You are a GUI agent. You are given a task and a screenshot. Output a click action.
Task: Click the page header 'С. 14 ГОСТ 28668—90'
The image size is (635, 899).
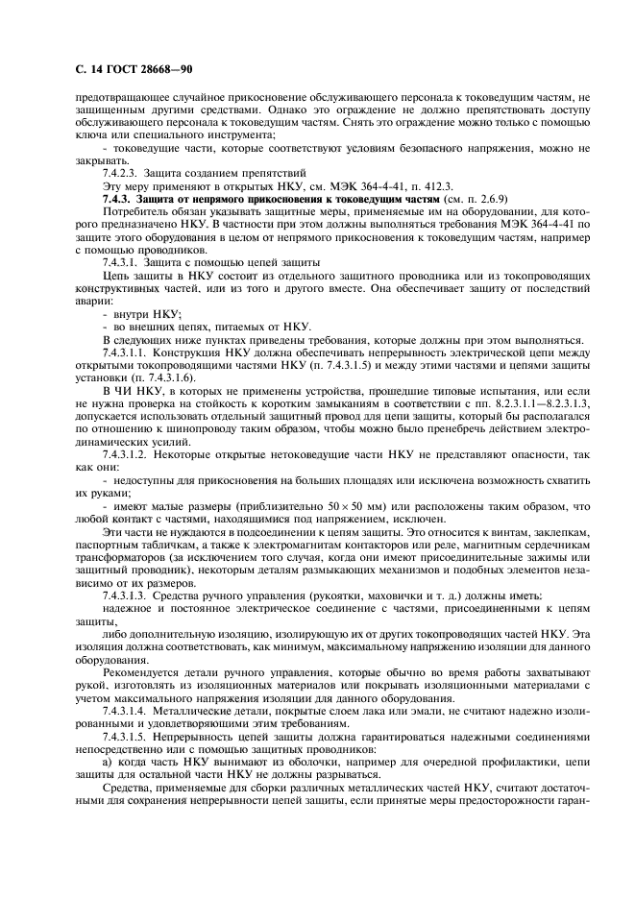click(129, 70)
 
